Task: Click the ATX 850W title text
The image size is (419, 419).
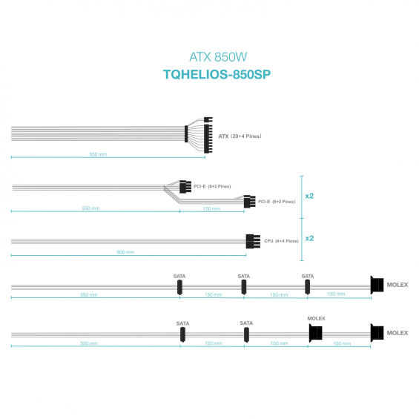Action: [218, 57]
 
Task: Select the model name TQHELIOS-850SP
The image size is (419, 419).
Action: [217, 74]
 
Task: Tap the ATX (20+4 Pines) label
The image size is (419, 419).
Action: [240, 136]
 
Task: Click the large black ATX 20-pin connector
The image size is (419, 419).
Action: [208, 139]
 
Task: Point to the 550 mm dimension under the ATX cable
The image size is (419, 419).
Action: [98, 154]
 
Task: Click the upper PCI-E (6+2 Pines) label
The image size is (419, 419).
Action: [212, 186]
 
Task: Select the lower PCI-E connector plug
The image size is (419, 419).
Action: [249, 202]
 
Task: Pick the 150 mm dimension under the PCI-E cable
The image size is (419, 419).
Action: [211, 208]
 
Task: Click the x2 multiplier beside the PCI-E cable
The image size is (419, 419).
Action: [309, 196]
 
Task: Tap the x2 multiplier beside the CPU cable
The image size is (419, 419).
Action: [309, 238]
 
